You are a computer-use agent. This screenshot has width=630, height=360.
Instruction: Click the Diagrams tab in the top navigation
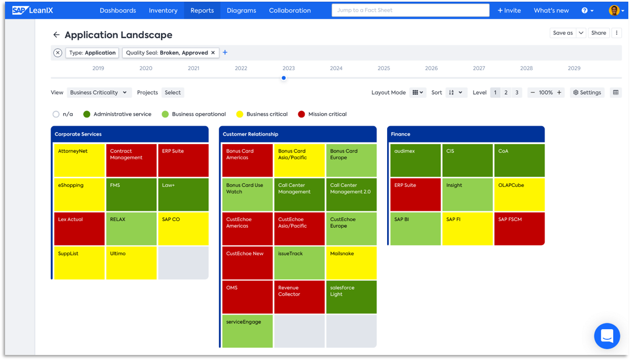[x=241, y=10]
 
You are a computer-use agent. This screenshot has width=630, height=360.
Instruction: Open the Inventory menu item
[x=163, y=10]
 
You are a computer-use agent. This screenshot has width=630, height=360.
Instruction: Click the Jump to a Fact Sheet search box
[x=410, y=10]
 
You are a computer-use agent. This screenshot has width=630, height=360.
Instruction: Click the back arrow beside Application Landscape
[x=56, y=35]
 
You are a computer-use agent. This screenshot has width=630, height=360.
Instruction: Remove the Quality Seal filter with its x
[x=213, y=53]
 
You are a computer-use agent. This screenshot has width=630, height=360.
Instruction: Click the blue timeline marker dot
[x=284, y=78]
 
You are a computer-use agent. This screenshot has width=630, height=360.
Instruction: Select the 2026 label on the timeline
[x=431, y=68]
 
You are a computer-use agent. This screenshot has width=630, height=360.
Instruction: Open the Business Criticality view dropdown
[x=99, y=93]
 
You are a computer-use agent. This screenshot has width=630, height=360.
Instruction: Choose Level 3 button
[x=517, y=93]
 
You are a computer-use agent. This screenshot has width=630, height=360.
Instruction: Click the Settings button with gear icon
[x=587, y=93]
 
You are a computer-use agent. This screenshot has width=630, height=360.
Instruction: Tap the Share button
[x=598, y=33]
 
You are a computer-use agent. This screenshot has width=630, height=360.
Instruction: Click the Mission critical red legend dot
[x=301, y=114]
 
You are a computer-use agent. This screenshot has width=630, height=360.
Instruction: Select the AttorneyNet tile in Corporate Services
[x=79, y=160]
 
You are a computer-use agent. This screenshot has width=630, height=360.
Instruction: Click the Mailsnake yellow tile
[x=351, y=263]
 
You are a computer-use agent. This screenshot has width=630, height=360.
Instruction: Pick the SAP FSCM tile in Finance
[x=519, y=229]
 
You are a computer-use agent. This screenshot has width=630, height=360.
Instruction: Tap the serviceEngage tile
[x=247, y=331]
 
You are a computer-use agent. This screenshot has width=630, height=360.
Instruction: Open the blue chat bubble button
[x=606, y=335]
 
